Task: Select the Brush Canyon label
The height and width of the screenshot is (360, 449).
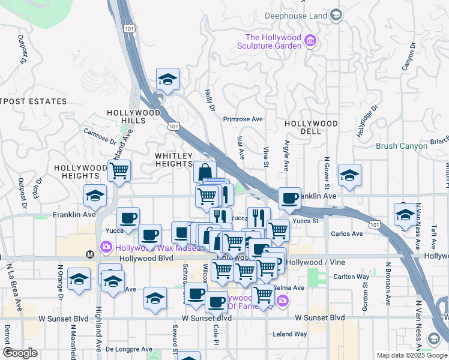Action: click(397, 146)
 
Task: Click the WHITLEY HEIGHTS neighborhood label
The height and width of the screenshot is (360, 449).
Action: click(173, 160)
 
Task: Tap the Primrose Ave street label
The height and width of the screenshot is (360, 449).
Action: click(243, 119)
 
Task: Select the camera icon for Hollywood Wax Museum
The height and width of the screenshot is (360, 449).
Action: click(106, 247)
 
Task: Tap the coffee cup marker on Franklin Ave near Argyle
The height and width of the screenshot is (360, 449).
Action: click(289, 197)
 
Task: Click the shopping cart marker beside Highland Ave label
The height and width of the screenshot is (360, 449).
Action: click(119, 171)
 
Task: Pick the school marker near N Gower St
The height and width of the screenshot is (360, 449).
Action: click(349, 175)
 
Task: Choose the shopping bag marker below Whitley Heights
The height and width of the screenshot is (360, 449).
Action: click(205, 171)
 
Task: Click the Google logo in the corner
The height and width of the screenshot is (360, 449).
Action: click(20, 353)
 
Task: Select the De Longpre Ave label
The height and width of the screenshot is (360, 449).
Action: click(128, 349)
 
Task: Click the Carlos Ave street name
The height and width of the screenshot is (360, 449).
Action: click(347, 233)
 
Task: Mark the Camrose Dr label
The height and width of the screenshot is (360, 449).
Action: click(99, 136)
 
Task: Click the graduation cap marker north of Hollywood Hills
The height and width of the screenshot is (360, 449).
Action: click(167, 79)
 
